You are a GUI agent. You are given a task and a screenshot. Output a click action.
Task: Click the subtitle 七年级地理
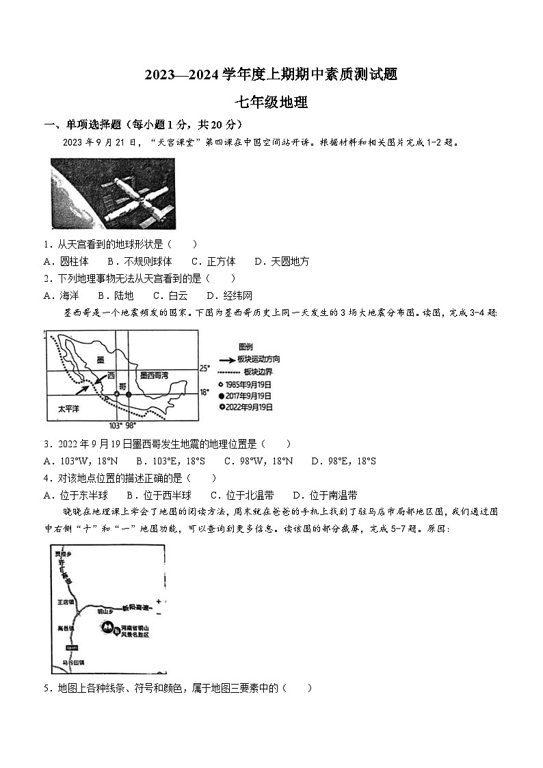[x=271, y=103]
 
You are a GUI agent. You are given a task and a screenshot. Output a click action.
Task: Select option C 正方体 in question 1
[x=213, y=261]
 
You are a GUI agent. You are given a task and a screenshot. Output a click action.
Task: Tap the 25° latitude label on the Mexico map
[x=204, y=368]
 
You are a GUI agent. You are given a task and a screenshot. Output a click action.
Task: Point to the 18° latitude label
[x=204, y=392]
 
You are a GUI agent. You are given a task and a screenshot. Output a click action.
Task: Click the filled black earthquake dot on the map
[x=129, y=394]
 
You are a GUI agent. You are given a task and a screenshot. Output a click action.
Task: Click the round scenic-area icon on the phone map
[x=107, y=626]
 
